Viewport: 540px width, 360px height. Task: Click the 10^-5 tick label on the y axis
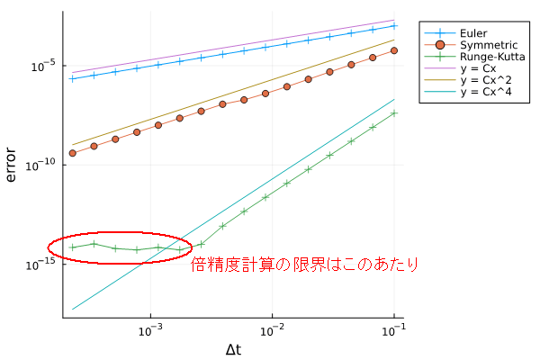(44, 66)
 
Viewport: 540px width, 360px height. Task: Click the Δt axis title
(232, 348)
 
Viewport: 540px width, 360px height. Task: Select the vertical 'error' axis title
(12, 165)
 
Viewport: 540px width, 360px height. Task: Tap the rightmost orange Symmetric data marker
(394, 50)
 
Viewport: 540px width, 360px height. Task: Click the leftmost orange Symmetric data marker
(72, 153)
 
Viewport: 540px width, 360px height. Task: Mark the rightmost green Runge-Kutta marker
(394, 113)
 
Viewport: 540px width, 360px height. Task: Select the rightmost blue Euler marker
(394, 26)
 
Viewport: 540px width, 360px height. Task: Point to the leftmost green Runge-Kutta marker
(72, 247)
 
